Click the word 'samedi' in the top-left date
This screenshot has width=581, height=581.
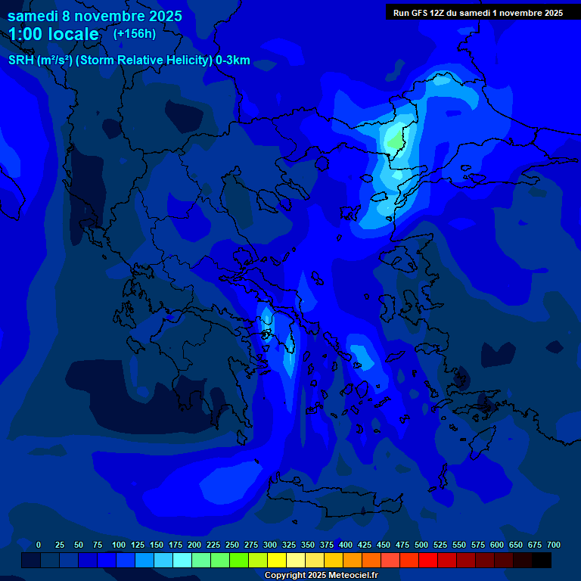click(x=33, y=16)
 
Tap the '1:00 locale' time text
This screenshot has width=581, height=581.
click(x=53, y=34)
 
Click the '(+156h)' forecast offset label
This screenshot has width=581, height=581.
click(x=135, y=33)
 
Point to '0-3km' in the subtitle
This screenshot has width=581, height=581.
click(x=232, y=61)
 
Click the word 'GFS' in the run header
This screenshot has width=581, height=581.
click(x=419, y=13)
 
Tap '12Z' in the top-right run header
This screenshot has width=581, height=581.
click(x=440, y=13)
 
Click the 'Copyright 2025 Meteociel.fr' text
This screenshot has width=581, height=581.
click(x=320, y=575)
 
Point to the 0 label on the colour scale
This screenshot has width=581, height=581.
click(x=39, y=545)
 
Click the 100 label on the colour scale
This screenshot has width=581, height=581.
click(x=119, y=545)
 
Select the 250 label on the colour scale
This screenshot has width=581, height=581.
click(x=232, y=545)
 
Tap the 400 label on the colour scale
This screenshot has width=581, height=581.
click(x=346, y=545)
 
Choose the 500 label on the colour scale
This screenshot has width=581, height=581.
click(x=421, y=545)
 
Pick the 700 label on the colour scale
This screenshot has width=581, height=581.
click(x=554, y=545)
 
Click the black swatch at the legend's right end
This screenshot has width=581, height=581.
click(x=542, y=560)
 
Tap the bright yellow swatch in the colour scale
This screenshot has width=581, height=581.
click(x=277, y=560)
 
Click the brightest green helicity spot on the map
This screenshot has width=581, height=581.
click(x=395, y=141)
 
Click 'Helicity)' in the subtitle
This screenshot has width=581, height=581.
click(x=185, y=61)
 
